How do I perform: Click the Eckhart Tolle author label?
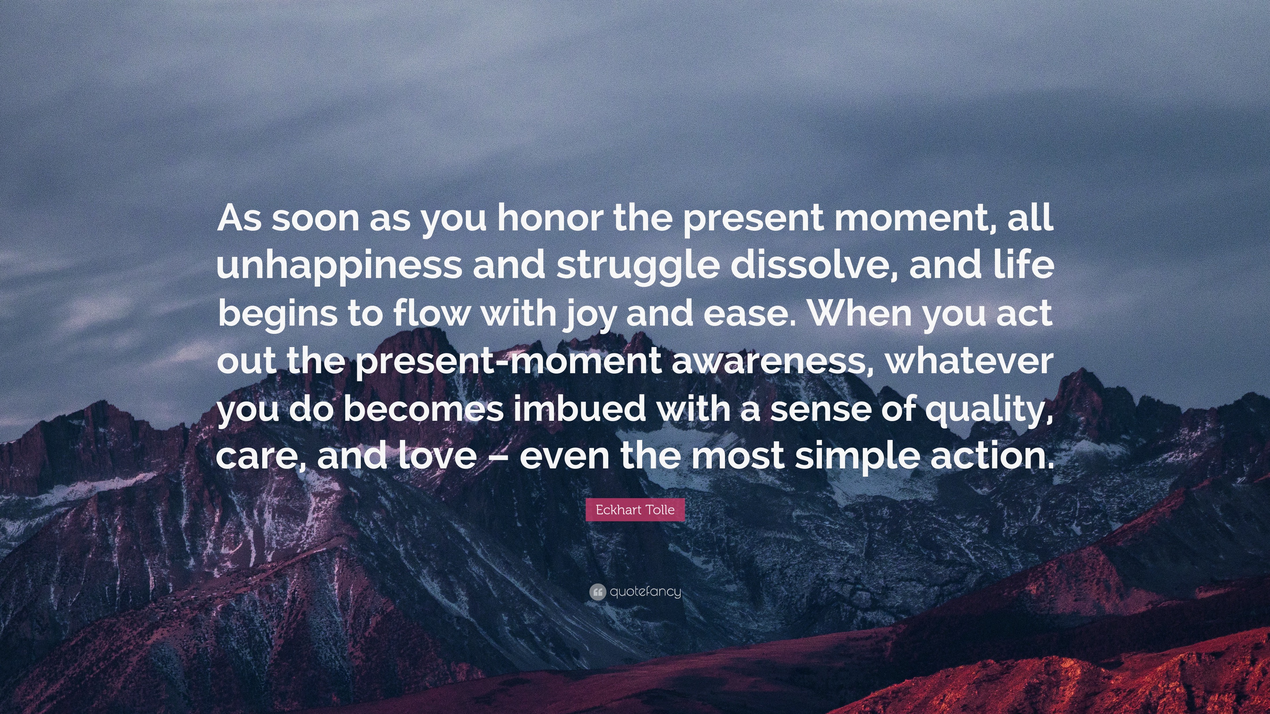pyautogui.click(x=635, y=509)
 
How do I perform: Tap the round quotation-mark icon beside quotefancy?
pyautogui.click(x=598, y=592)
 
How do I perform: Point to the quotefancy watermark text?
pyautogui.click(x=645, y=592)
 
